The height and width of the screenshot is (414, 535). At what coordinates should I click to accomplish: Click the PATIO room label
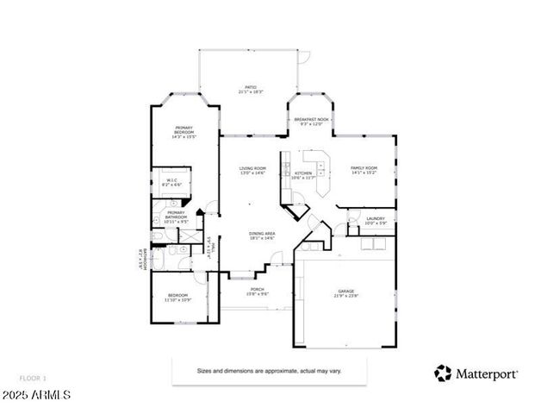(251, 89)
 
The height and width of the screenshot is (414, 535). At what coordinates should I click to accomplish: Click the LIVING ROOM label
(252, 171)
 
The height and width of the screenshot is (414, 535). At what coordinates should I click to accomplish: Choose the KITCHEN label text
(304, 175)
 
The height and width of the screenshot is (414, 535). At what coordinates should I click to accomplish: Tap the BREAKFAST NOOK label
(311, 122)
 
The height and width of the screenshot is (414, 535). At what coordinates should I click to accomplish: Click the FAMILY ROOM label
(364, 171)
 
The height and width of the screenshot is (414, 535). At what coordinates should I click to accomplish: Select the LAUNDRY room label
(375, 221)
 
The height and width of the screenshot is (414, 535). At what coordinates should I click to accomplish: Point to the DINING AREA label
(262, 235)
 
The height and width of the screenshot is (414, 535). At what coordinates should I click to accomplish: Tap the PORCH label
(258, 292)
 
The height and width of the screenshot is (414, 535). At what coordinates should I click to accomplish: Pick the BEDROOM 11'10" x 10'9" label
(178, 297)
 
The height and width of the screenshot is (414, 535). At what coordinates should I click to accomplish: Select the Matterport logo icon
(443, 373)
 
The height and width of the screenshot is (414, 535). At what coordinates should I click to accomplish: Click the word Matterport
(487, 373)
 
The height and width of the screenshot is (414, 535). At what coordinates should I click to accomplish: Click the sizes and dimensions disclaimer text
(270, 370)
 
